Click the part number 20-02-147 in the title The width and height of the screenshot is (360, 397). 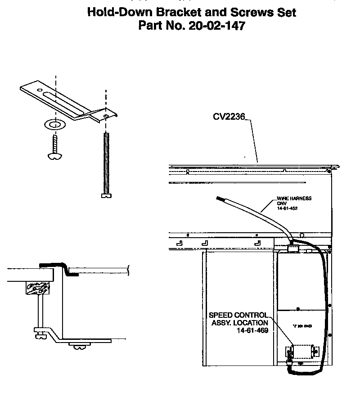point(217,26)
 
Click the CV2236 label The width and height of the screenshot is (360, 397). point(229,117)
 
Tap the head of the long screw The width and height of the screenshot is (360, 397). point(106,195)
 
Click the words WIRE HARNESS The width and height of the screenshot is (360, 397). point(294,198)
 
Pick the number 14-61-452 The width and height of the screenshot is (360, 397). point(288,208)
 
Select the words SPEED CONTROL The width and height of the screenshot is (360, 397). point(239,315)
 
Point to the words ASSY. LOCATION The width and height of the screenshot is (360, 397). point(239,323)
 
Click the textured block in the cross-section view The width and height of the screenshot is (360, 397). point(37,287)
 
